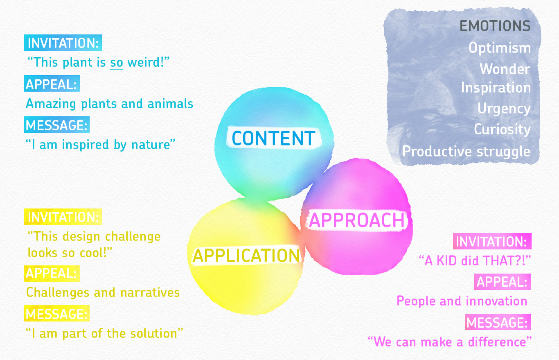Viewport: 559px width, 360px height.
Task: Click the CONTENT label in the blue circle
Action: coord(273,138)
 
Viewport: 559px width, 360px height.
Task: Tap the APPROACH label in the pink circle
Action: coord(357,220)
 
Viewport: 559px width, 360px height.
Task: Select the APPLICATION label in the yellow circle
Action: coord(246,256)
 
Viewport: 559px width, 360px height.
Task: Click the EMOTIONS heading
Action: coord(495,26)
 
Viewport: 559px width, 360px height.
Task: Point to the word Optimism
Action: coord(500,48)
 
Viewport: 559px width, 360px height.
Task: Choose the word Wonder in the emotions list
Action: coord(505,69)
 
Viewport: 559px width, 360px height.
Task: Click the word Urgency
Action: coord(504,109)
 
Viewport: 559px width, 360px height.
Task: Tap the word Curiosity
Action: coord(502,130)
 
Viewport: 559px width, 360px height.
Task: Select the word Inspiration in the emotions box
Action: coord(496,88)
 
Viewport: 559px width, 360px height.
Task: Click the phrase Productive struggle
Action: coord(466,152)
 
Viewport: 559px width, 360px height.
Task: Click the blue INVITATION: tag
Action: coord(63,43)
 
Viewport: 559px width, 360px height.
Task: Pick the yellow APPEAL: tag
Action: coord(52,274)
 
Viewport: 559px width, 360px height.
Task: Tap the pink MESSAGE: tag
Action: coord(498,322)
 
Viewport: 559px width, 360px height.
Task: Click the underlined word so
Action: coord(117,62)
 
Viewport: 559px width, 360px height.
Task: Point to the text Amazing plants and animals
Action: coord(110,104)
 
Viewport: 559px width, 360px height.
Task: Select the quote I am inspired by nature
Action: coord(100,145)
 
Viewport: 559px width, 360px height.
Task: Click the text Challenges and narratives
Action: coord(103,292)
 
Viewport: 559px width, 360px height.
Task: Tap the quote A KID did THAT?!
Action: coord(475,260)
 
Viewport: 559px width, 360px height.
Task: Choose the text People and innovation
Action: coord(462,301)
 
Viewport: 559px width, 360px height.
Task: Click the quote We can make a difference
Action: coord(450,342)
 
